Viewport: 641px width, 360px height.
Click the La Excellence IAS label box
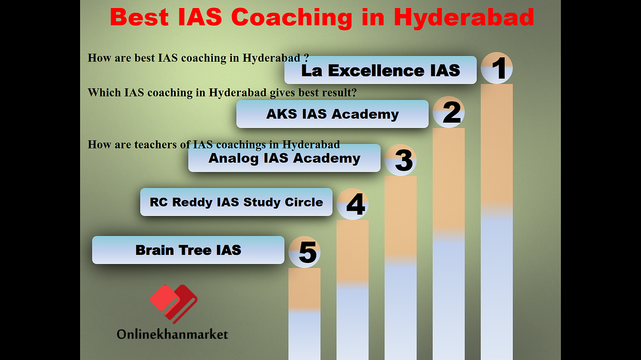tap(380, 70)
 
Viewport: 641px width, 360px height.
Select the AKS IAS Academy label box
tap(332, 114)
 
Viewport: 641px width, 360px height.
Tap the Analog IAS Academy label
tap(284, 158)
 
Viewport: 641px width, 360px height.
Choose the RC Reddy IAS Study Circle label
tap(236, 202)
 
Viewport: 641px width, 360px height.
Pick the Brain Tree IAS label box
tap(188, 250)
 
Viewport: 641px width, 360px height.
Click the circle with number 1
tap(497, 68)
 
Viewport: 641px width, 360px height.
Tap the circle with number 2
tap(449, 112)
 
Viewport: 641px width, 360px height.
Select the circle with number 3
tap(401, 160)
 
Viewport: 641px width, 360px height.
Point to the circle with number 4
tap(353, 204)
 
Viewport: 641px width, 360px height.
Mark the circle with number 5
tap(304, 252)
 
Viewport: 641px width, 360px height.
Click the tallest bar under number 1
tap(497, 224)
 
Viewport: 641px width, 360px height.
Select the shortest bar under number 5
tap(304, 315)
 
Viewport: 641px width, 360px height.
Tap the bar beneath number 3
tap(401, 267)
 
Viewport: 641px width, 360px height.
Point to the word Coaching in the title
tap(292, 18)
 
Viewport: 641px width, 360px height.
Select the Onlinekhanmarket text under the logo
tap(173, 334)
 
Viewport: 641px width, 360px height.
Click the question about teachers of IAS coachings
tap(214, 145)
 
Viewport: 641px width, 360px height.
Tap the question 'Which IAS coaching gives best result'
tap(222, 92)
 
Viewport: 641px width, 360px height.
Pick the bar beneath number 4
tap(353, 291)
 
